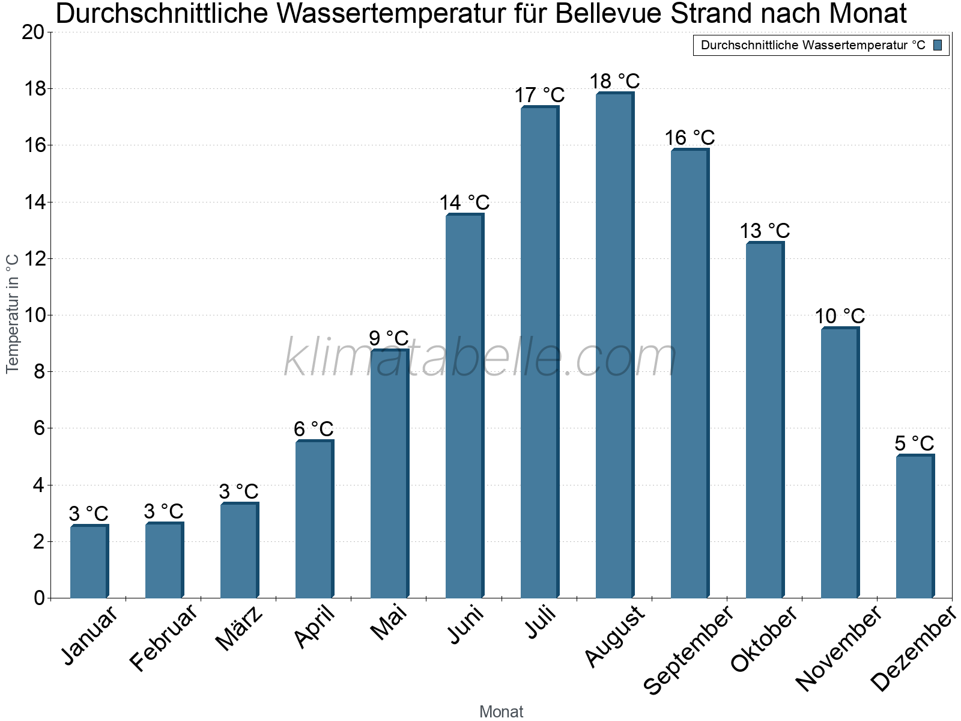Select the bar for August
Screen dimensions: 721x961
[614, 345]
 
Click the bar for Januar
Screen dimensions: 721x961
[89, 562]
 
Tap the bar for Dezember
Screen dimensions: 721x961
[915, 526]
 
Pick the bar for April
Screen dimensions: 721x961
[314, 519]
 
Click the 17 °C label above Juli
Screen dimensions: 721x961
[539, 95]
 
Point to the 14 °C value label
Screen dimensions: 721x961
[464, 203]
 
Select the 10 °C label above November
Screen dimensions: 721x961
[840, 316]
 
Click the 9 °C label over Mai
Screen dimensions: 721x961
[389, 338]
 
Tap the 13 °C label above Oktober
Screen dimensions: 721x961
[764, 231]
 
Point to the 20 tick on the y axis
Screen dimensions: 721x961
[33, 32]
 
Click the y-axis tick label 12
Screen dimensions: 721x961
[33, 259]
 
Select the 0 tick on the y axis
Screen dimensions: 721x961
[40, 598]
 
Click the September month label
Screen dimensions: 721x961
[688, 650]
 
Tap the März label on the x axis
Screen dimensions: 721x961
[240, 628]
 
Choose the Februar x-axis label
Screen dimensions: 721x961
[163, 637]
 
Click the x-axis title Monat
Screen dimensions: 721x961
[501, 711]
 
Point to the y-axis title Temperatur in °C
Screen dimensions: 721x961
[13, 314]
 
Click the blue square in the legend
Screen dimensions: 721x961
[938, 45]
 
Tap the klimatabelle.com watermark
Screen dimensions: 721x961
[480, 358]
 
